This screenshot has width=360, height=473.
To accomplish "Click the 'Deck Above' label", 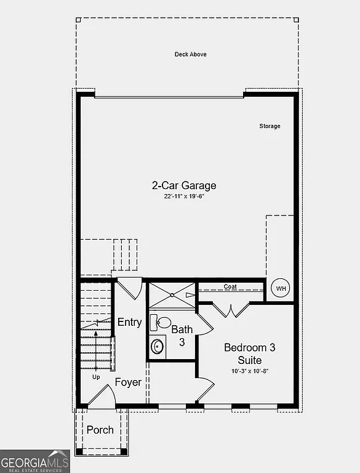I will tap(190, 54).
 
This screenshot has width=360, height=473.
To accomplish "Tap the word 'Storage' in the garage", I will tap(270, 126).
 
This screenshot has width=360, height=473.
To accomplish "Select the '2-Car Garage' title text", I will tap(184, 185).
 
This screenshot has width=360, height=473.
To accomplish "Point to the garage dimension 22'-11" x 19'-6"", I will tap(184, 196).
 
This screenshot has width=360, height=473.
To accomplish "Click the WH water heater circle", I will tap(281, 288).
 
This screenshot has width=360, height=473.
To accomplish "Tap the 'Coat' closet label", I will tap(230, 286).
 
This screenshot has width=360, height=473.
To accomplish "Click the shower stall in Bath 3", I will tap(172, 295).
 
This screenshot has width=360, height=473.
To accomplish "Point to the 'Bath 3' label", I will tap(182, 335).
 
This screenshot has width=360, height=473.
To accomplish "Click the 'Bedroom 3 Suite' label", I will tap(250, 354).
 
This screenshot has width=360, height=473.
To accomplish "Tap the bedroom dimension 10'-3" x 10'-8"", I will tap(250, 371).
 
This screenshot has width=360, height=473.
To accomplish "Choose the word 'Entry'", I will tap(129, 322).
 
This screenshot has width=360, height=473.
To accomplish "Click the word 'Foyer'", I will tap(128, 382).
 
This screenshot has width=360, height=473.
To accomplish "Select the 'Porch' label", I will tap(100, 429).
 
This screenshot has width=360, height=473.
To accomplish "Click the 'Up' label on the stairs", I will tap(95, 376).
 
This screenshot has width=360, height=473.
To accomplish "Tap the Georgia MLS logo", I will tap(34, 461).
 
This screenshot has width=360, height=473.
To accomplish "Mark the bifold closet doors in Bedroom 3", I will tap(231, 310).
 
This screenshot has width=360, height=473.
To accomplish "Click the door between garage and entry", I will tap(129, 288).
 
